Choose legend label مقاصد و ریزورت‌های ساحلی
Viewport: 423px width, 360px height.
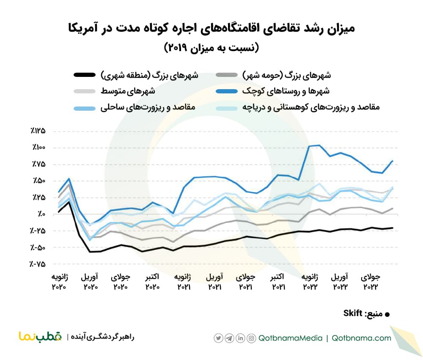point(148,107)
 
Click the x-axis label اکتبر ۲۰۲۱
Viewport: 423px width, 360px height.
point(279,282)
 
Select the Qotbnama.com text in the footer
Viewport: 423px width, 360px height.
point(361,338)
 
